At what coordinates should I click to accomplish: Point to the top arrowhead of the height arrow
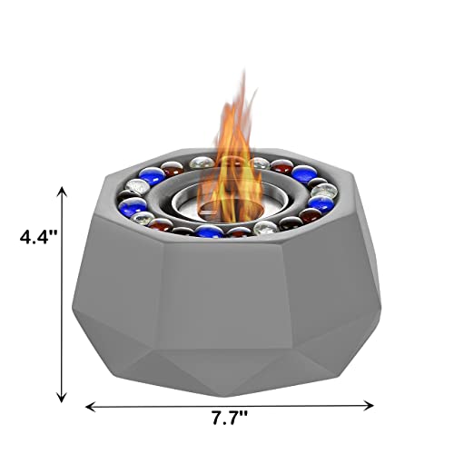[62, 190]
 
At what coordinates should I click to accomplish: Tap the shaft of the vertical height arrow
[62, 300]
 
